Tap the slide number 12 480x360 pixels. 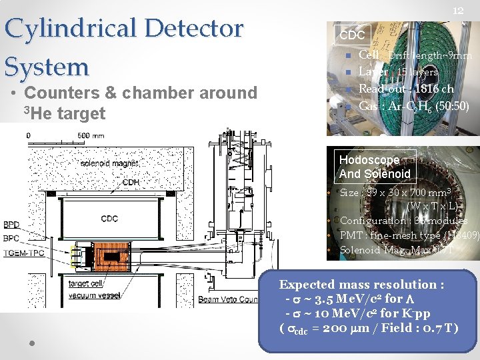[458, 11]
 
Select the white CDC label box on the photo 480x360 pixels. [352, 35]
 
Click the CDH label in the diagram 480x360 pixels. [131, 182]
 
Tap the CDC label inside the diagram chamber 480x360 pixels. [110, 218]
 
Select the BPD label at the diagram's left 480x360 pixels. [11, 225]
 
